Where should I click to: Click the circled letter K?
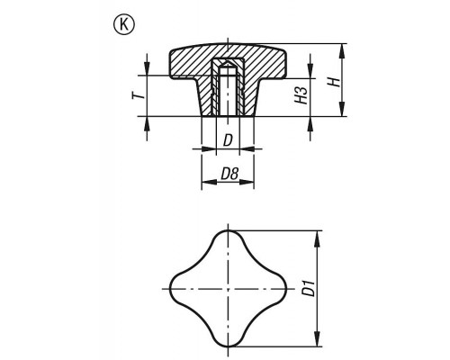(124, 25)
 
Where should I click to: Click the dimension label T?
(139, 95)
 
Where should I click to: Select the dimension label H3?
(301, 95)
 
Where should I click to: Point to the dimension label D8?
(229, 174)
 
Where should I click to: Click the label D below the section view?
(228, 140)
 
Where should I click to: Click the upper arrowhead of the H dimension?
(342, 51)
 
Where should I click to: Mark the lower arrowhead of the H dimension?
(342, 109)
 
